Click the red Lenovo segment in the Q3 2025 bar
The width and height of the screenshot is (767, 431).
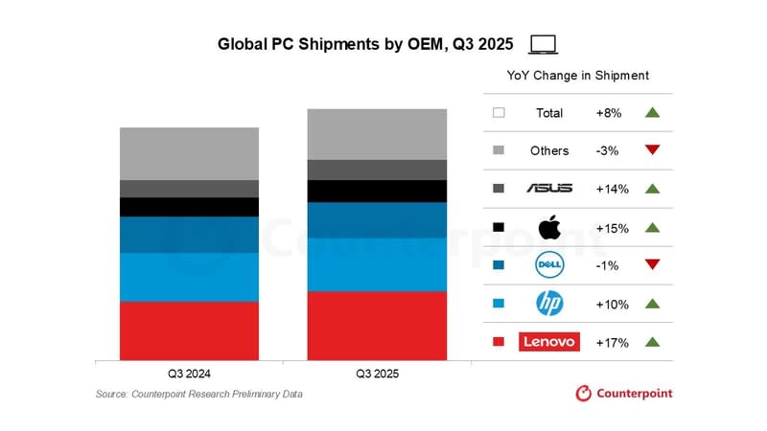point(377,326)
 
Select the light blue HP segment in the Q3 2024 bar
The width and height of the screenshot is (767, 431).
point(189,277)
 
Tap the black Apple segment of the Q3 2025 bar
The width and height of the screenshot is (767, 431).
point(377,191)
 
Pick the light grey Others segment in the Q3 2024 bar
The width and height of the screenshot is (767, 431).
point(189,153)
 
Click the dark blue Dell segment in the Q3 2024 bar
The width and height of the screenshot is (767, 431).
point(189,235)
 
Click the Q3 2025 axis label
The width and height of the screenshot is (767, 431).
point(377,374)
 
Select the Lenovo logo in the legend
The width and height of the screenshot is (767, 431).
point(548,342)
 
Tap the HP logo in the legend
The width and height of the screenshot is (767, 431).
point(548,304)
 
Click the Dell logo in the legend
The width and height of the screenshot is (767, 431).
point(548,265)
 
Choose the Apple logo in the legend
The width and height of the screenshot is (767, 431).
point(548,227)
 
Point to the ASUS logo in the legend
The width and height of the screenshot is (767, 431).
point(548,189)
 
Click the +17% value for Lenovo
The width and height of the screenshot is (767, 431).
point(612,342)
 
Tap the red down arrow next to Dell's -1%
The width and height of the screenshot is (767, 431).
point(653,265)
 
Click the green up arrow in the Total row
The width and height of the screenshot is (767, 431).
point(653,112)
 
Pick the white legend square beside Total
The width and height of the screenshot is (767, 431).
point(499,112)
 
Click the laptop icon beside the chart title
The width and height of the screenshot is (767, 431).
point(544,44)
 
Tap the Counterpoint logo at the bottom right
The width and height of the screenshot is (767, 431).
point(623,393)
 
